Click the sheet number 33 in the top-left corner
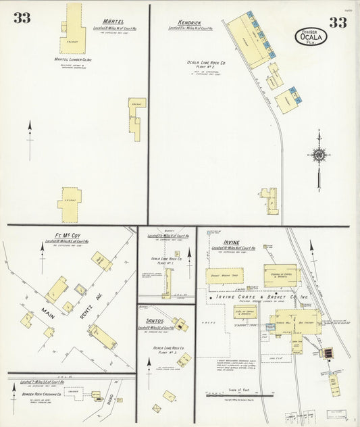coord(22,18)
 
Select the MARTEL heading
coord(113,22)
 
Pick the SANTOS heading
coord(155,320)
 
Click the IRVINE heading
coord(224,242)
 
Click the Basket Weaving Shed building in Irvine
coord(225,275)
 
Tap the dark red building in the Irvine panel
coord(328,353)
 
